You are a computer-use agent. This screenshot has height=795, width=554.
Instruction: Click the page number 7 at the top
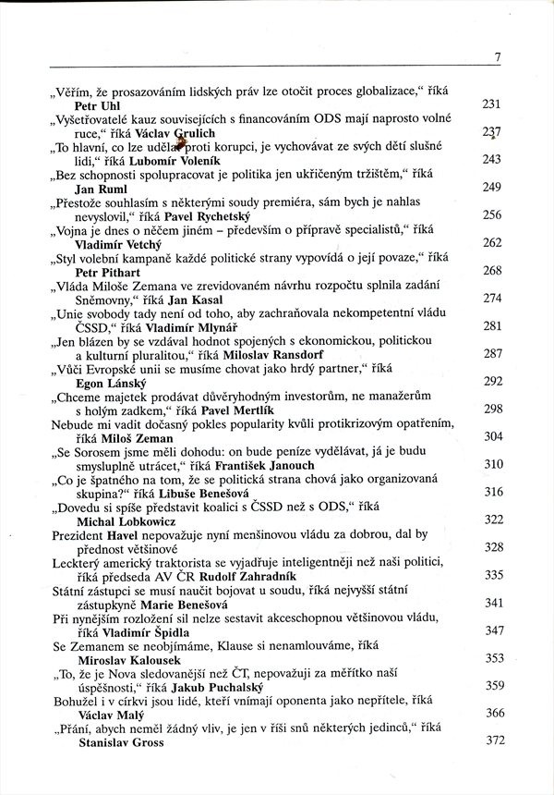tap(497, 57)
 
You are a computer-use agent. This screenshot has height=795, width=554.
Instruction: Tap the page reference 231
tap(492, 104)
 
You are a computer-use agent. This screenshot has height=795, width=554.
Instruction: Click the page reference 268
tap(492, 271)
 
